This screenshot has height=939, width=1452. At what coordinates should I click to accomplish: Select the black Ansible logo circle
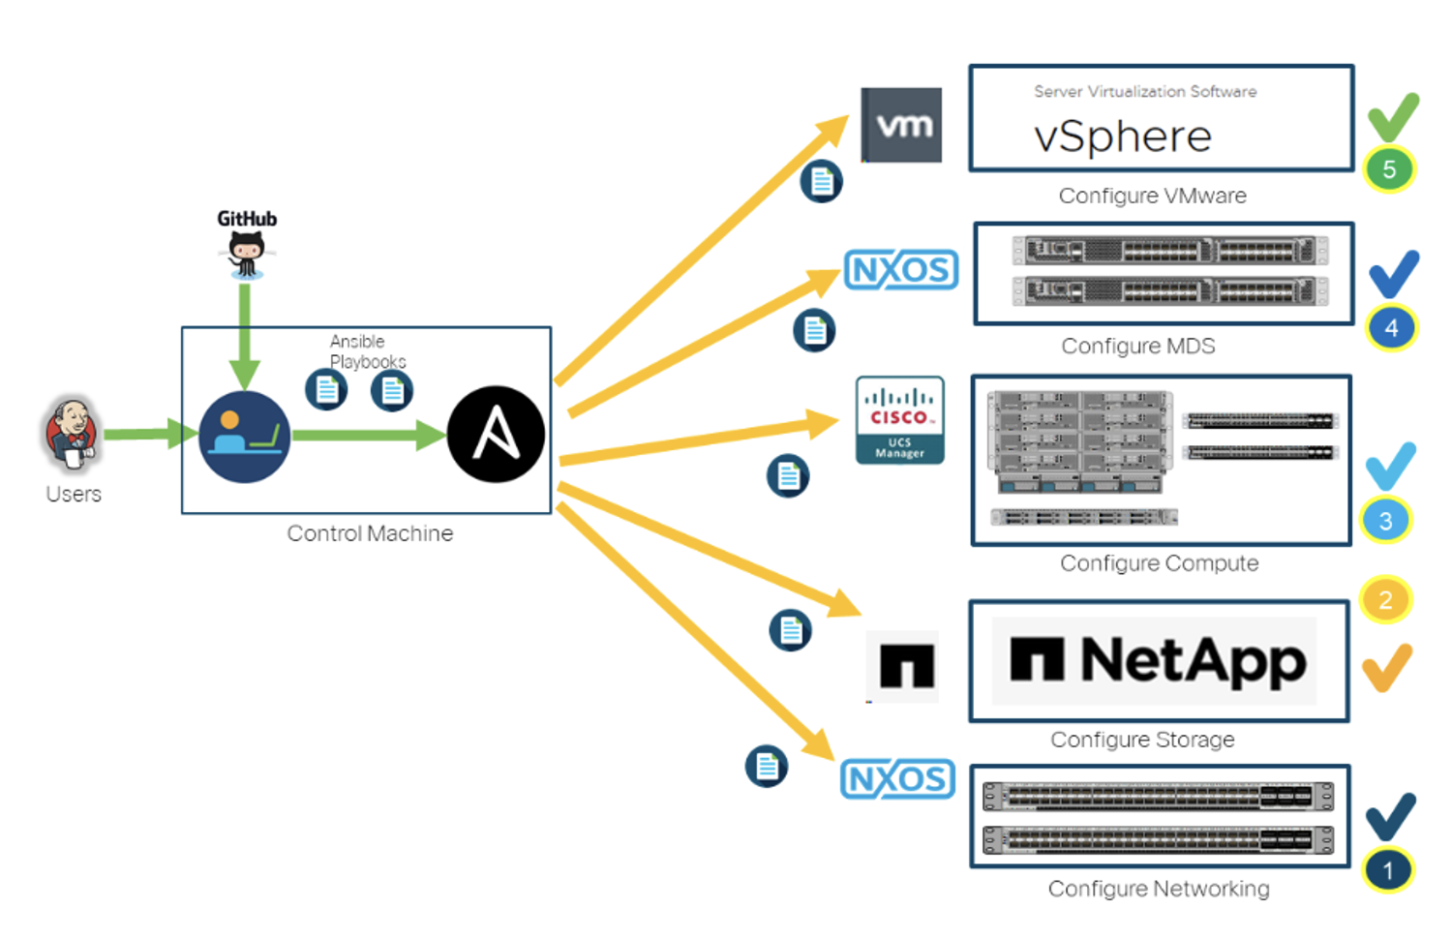click(x=496, y=435)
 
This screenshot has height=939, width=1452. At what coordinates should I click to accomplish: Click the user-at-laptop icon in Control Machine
click(x=244, y=437)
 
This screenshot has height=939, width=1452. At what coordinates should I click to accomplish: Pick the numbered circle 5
click(x=1388, y=169)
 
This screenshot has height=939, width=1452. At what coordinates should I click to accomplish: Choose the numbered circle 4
click(x=1391, y=328)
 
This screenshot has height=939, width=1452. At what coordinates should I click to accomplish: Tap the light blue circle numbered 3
click(x=1386, y=521)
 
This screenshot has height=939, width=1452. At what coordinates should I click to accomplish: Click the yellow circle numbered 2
click(x=1385, y=599)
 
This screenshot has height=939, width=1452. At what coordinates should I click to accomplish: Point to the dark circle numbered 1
click(x=1387, y=870)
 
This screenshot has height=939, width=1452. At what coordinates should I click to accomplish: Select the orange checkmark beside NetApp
click(x=1386, y=668)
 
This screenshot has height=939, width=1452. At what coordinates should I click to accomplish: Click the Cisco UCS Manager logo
click(x=899, y=420)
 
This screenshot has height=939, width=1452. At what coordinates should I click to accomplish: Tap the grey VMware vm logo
click(x=901, y=125)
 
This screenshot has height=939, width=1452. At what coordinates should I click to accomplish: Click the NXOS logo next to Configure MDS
click(x=901, y=269)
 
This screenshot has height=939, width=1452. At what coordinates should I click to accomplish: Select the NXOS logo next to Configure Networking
click(x=897, y=779)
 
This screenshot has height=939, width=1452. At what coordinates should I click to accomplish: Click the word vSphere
click(x=1123, y=136)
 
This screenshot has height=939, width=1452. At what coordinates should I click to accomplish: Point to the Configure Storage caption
click(x=1142, y=740)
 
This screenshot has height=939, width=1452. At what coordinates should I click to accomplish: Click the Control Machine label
click(x=370, y=533)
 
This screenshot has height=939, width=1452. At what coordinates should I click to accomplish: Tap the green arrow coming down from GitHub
click(x=244, y=337)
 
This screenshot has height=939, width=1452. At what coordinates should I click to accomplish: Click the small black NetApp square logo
click(x=907, y=666)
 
